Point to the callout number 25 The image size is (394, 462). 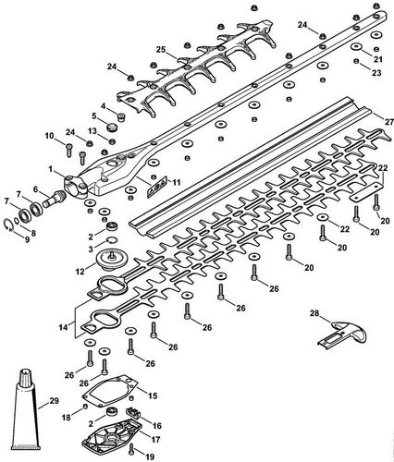tap(160, 49)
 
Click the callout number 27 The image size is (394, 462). tap(376, 120)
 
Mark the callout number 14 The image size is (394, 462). tap(63, 327)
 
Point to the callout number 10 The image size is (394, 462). tap(49, 137)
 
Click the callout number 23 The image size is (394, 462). tap(376, 72)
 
